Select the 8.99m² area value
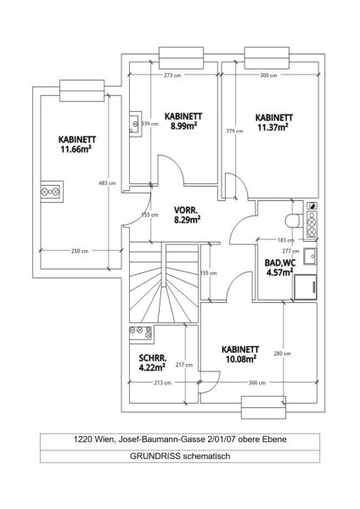(x=184, y=126)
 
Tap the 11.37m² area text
(x=273, y=127)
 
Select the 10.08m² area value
(x=240, y=359)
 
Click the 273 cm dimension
(x=172, y=75)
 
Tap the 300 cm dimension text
(x=269, y=75)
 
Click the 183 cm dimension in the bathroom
(x=273, y=240)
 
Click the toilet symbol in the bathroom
(x=293, y=221)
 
